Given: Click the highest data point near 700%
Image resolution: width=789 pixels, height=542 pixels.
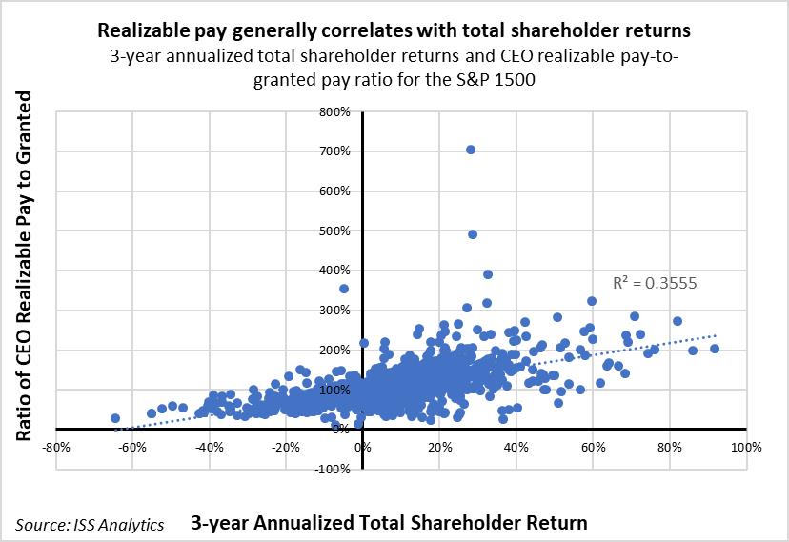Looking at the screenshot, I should [471, 150].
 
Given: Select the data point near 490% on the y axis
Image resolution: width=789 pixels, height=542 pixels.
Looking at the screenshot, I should [473, 234].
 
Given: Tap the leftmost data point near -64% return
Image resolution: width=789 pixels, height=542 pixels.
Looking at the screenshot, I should [115, 418].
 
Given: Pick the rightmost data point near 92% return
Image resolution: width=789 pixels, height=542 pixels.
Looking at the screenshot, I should [715, 349].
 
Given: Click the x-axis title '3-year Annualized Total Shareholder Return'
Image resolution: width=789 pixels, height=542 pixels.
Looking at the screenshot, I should [388, 522].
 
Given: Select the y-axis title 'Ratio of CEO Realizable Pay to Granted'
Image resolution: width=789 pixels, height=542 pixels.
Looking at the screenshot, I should [26, 266].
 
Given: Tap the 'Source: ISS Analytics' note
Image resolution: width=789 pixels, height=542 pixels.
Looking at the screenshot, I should [90, 524].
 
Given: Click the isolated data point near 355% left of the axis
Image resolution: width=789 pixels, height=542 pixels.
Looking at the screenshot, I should [344, 289].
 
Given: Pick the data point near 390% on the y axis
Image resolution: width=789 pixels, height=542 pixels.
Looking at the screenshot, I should [488, 274].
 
